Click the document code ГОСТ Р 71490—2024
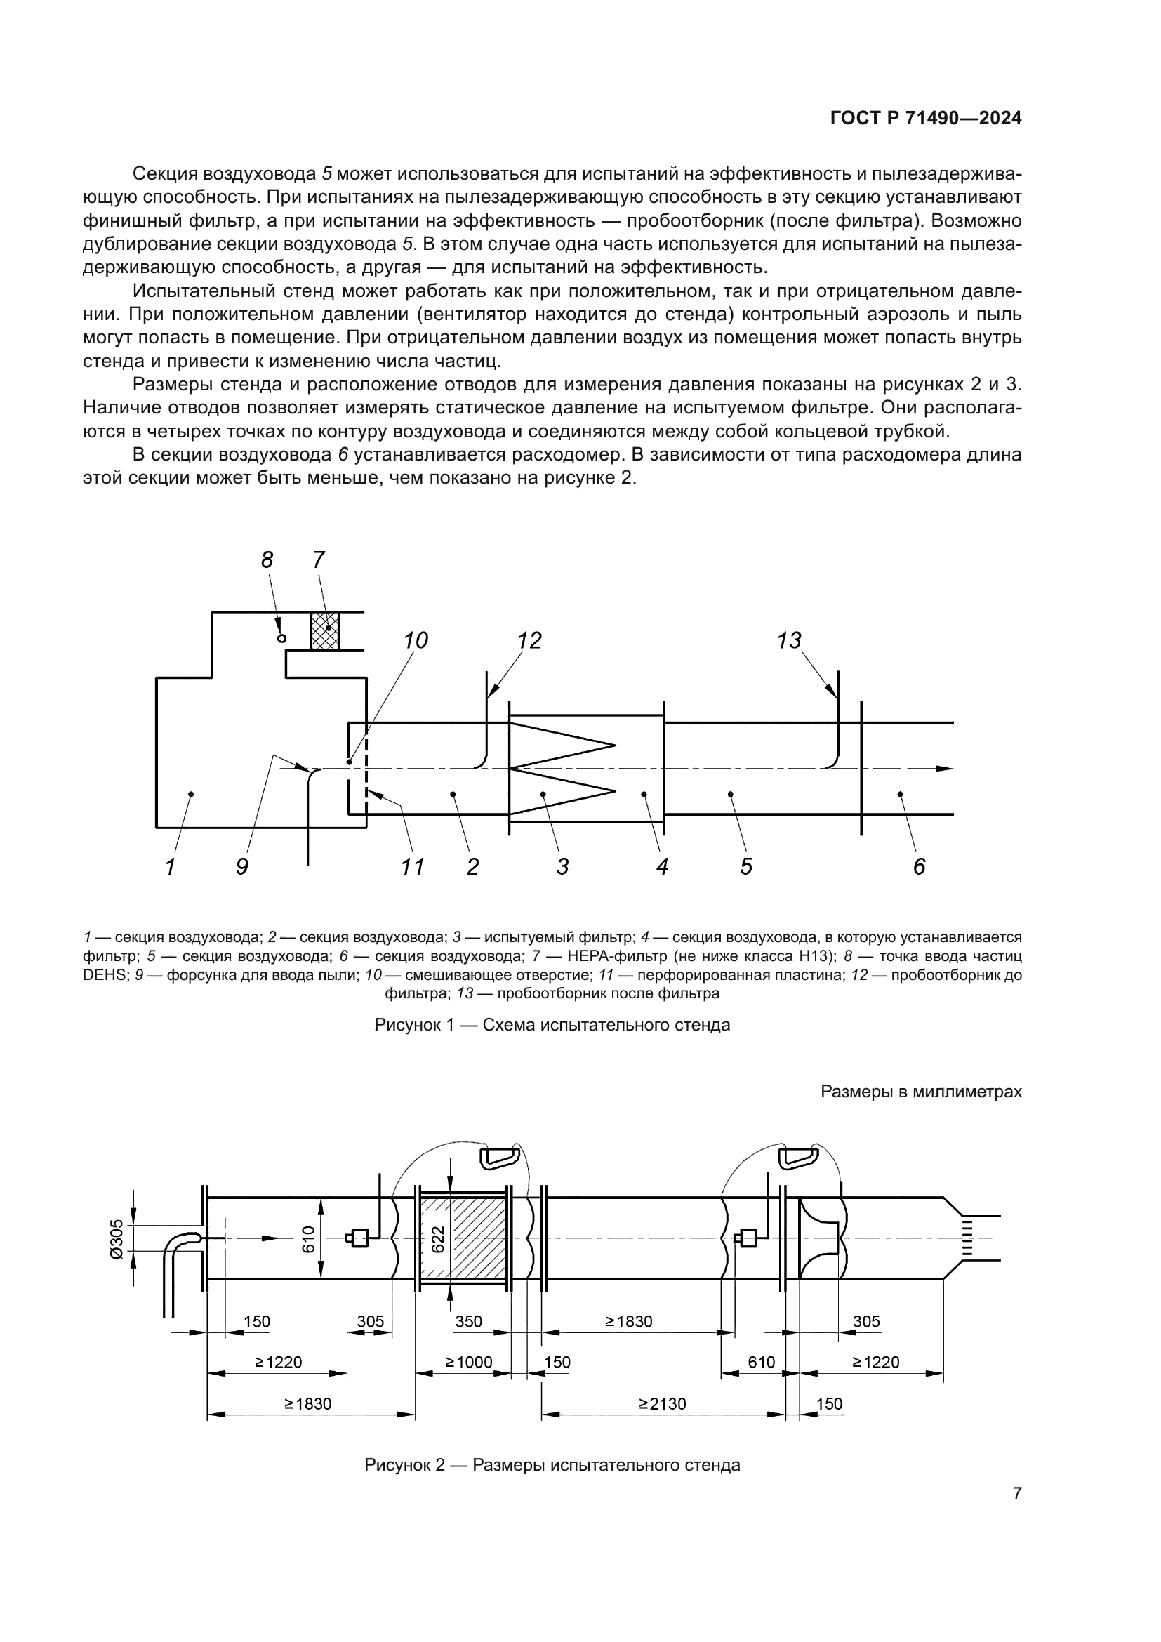click(926, 119)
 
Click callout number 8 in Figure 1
click(267, 561)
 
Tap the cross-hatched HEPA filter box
click(324, 630)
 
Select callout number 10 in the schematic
click(416, 641)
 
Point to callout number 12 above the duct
click(529, 641)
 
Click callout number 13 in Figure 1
click(789, 641)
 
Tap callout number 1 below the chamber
click(170, 868)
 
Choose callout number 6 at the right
click(920, 868)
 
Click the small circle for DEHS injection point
click(281, 639)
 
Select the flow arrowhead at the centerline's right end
click(945, 769)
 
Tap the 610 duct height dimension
click(308, 1238)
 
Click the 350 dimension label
click(469, 1322)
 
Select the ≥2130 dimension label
click(662, 1404)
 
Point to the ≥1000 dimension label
click(469, 1363)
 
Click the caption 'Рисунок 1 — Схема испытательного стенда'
click(552, 1026)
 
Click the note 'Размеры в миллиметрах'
click(921, 1092)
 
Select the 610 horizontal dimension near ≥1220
click(762, 1363)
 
